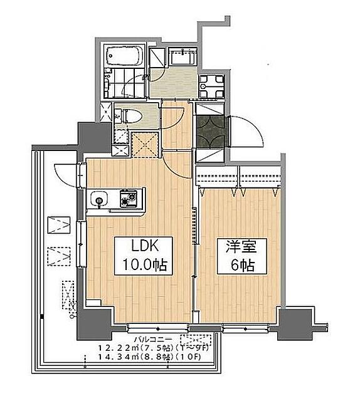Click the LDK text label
point(139,246)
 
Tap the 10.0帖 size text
point(139,265)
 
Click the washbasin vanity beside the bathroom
point(182,60)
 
